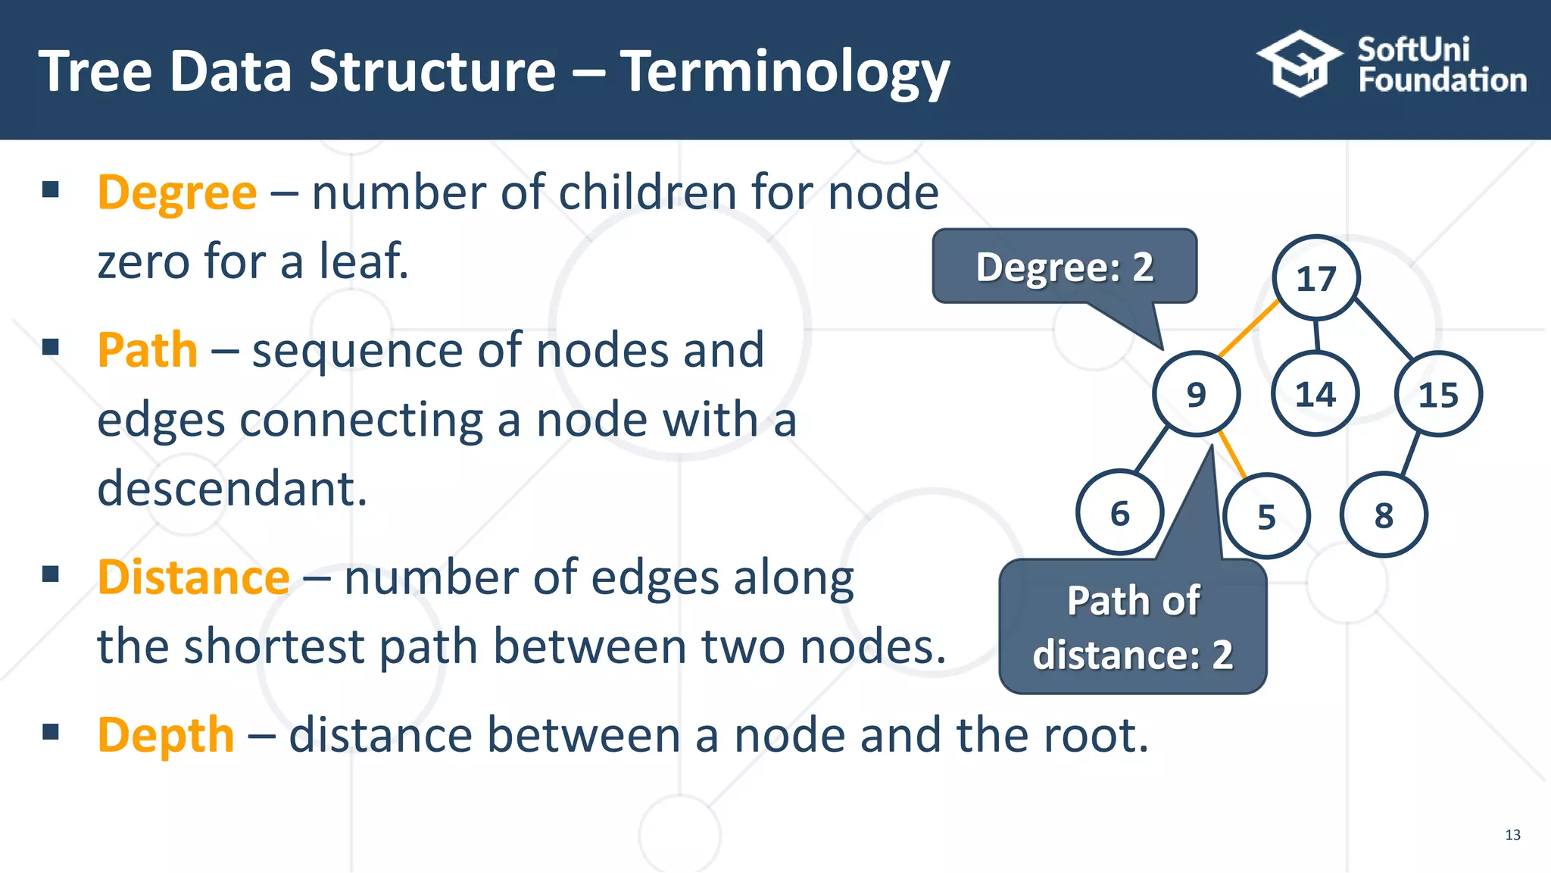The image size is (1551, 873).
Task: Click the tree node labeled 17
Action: click(x=1316, y=278)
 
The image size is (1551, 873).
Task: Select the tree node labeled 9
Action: click(x=1196, y=394)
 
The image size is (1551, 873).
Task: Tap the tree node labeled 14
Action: click(x=1315, y=394)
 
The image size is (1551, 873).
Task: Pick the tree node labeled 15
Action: click(x=1438, y=394)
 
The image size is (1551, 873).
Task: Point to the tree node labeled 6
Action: click(x=1119, y=514)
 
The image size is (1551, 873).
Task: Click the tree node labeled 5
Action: click(x=1266, y=517)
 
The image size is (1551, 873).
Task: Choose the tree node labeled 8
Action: click(x=1384, y=515)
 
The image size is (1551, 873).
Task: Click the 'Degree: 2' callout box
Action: click(x=1064, y=267)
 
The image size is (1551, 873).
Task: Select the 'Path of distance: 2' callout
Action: click(x=1133, y=627)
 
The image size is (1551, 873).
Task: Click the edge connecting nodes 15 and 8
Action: click(x=1410, y=455)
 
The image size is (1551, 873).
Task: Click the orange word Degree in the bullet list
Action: click(x=177, y=192)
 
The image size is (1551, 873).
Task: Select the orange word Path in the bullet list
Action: click(x=148, y=350)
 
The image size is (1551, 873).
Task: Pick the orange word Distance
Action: click(x=194, y=577)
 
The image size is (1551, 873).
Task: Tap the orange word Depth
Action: click(x=166, y=735)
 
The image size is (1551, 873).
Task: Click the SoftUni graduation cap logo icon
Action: click(x=1299, y=64)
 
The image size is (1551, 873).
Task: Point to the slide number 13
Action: click(x=1512, y=834)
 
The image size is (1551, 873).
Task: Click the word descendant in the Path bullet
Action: click(x=232, y=488)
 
